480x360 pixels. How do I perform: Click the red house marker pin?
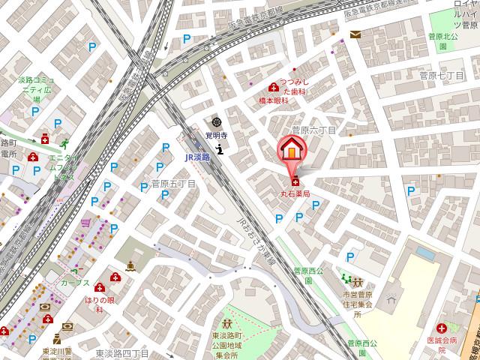coord(291,150)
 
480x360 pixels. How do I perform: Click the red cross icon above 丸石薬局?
coord(295,181)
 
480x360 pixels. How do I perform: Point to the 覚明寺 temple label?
coord(217,135)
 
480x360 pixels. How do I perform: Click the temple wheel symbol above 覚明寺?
coord(217,122)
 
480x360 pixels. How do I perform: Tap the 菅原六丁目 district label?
coord(314,130)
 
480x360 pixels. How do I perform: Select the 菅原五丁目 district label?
coord(173,184)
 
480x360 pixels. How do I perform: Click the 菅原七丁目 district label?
coord(442,76)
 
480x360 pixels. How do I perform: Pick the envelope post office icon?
coord(355,34)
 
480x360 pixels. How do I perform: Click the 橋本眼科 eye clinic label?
coord(274,100)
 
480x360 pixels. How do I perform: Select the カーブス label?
coord(76,283)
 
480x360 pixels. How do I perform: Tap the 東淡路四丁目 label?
coord(124,352)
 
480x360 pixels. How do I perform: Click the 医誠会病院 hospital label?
coord(453,343)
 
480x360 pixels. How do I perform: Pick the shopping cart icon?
coord(87,223)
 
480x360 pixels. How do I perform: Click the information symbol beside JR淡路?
coord(219,149)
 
